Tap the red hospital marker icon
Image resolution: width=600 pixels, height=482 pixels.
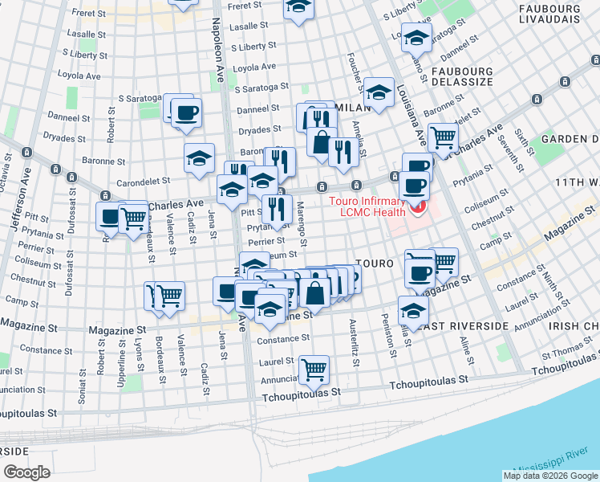(x=417, y=210)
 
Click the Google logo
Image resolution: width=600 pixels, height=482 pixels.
(x=26, y=472)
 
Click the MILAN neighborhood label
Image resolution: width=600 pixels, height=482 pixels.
(x=353, y=107)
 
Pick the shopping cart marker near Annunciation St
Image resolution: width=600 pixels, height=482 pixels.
(x=314, y=370)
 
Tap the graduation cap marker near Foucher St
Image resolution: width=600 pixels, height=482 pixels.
(x=378, y=93)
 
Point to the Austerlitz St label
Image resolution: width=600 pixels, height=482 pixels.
(x=352, y=338)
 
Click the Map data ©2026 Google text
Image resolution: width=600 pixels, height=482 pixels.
(x=551, y=476)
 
